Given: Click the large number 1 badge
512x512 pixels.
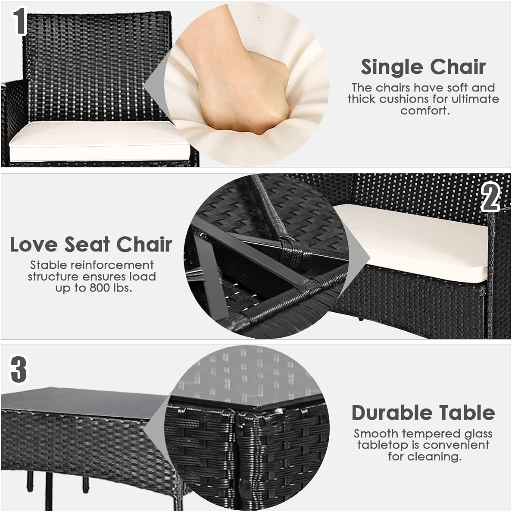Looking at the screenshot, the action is click(19, 21).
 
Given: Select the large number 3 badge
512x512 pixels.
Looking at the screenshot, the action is click(19, 369).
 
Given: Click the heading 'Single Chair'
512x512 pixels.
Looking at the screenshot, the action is click(423, 67).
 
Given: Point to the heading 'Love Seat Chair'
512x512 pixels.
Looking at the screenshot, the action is click(91, 244).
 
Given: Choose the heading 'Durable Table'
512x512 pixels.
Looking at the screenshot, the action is click(423, 413).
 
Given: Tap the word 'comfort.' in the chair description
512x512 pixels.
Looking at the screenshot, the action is click(425, 111).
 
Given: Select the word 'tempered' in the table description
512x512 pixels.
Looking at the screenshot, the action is click(430, 434).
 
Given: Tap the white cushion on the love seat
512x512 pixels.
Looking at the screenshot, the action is click(412, 242).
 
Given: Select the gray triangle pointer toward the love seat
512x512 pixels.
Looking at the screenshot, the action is click(358, 257).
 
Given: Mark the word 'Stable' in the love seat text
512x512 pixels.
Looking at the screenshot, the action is click(49, 265).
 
